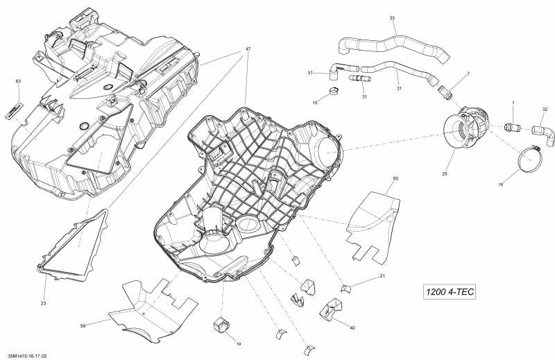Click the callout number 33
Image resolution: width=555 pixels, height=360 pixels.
point(392,17)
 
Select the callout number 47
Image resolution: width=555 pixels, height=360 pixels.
point(247,50)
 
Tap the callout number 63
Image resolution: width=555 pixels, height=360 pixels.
point(19,81)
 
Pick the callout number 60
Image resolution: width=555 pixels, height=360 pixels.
point(395,179)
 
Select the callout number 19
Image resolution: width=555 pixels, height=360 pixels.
point(238,343)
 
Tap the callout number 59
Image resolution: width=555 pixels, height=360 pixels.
point(83,325)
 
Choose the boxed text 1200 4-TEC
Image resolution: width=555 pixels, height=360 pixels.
point(449,291)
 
